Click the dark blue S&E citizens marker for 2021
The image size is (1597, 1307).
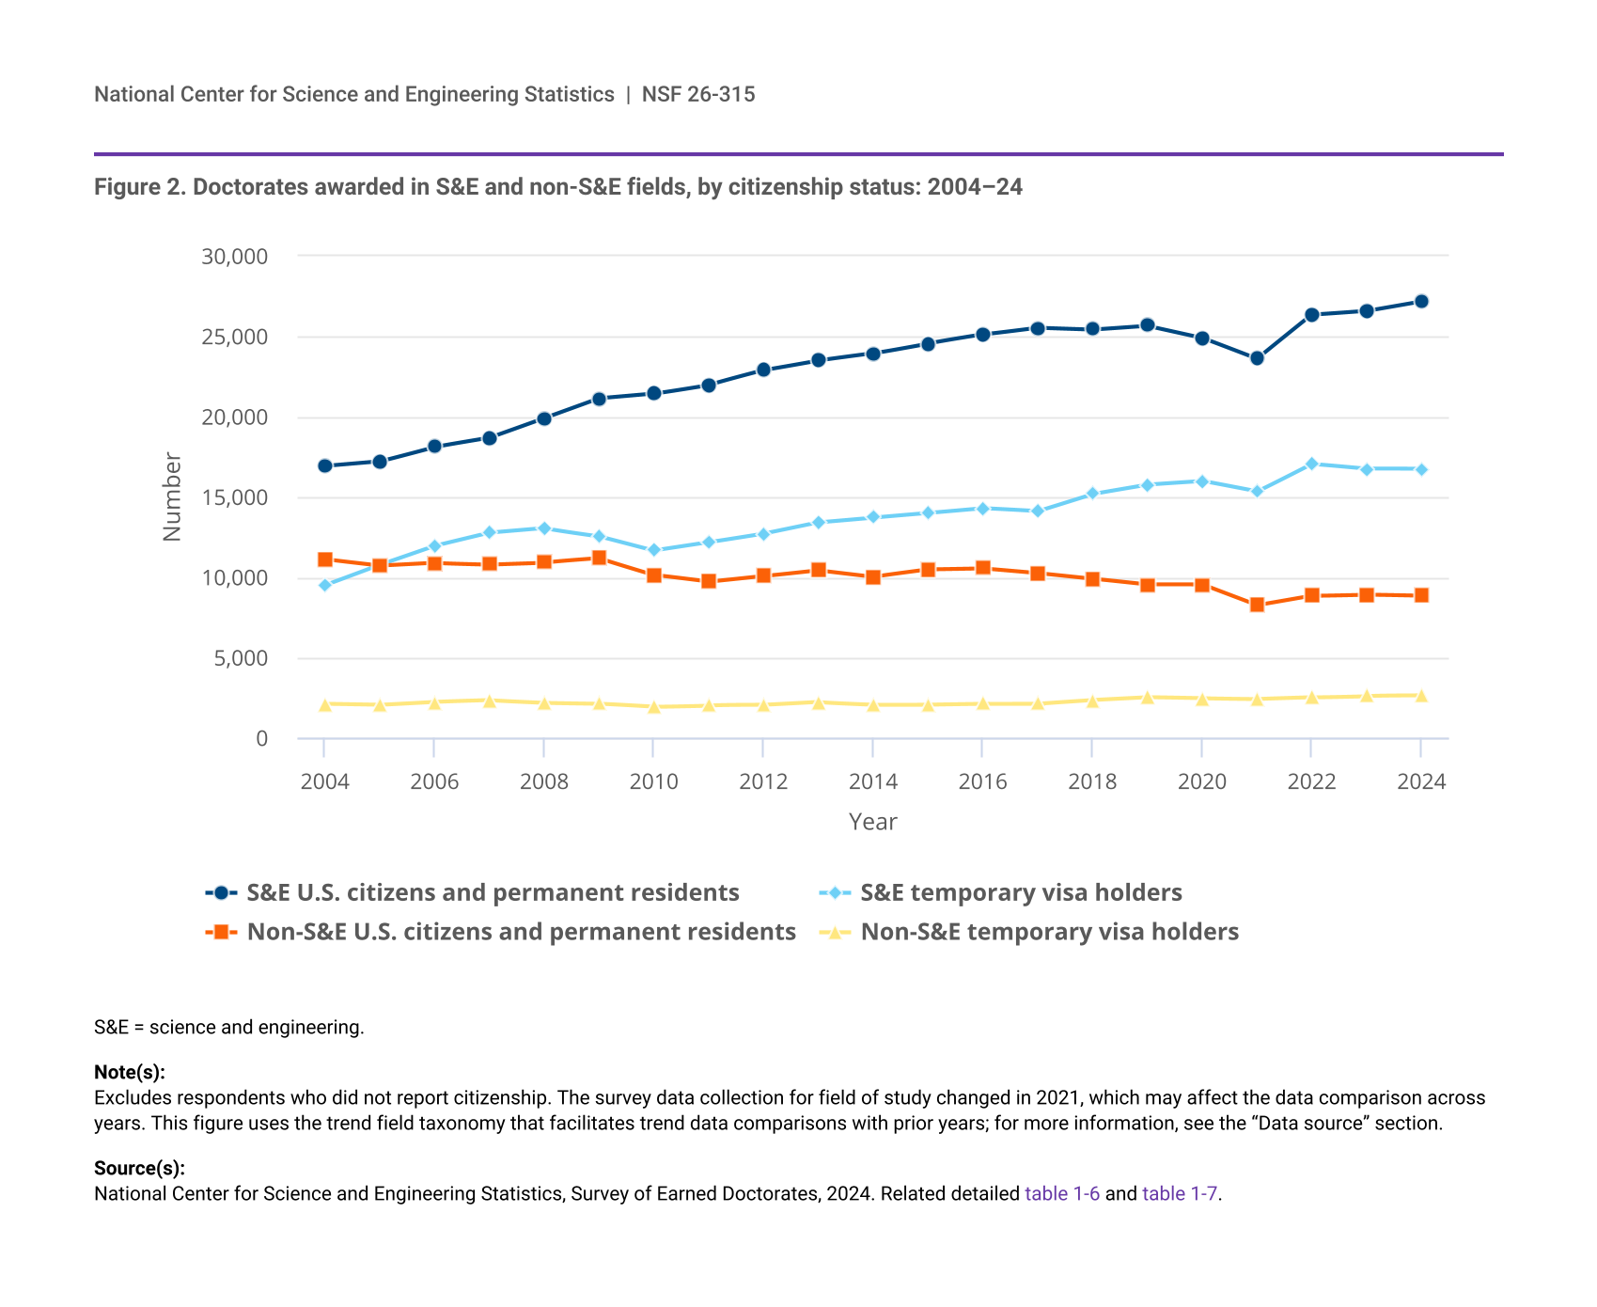[1257, 358]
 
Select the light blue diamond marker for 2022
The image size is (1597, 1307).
[1311, 464]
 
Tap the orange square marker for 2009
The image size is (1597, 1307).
[599, 558]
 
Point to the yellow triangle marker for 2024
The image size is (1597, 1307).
[1421, 696]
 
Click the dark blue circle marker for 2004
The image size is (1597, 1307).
[325, 465]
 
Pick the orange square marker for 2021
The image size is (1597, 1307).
[1257, 605]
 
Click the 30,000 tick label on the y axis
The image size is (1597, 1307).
[234, 256]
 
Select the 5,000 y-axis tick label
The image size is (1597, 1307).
[241, 658]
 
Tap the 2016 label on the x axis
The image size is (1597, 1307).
[982, 782]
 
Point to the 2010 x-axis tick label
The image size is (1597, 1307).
[653, 782]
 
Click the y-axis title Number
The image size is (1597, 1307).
[171, 496]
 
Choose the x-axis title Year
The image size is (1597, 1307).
[872, 822]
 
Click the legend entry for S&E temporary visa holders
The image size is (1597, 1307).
[1021, 892]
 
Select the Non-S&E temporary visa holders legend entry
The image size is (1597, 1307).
[1049, 932]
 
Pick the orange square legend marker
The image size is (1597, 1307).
[221, 932]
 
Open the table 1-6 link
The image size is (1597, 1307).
[1062, 1193]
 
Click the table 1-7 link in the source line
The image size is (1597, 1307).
[1180, 1193]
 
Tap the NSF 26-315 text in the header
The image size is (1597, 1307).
[698, 94]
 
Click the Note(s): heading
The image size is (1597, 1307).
[130, 1072]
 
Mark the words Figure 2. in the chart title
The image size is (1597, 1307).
[140, 187]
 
